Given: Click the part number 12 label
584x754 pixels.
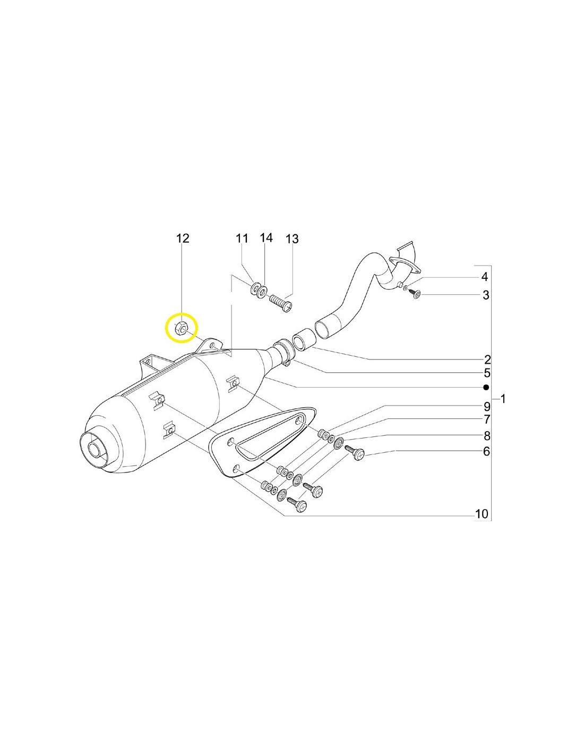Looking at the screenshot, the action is click(x=183, y=239).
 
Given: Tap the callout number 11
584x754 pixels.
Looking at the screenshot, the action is click(x=242, y=239).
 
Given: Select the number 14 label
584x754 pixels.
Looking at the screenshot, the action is click(x=267, y=238).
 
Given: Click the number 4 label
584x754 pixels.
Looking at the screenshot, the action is click(x=484, y=277).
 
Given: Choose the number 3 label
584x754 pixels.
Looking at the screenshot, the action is click(x=486, y=295).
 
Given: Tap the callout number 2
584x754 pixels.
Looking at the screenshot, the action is click(x=487, y=359).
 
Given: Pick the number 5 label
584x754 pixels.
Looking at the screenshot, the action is click(x=487, y=373).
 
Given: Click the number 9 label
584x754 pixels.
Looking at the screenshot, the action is click(x=487, y=406).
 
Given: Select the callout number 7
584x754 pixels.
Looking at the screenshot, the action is click(x=487, y=419).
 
